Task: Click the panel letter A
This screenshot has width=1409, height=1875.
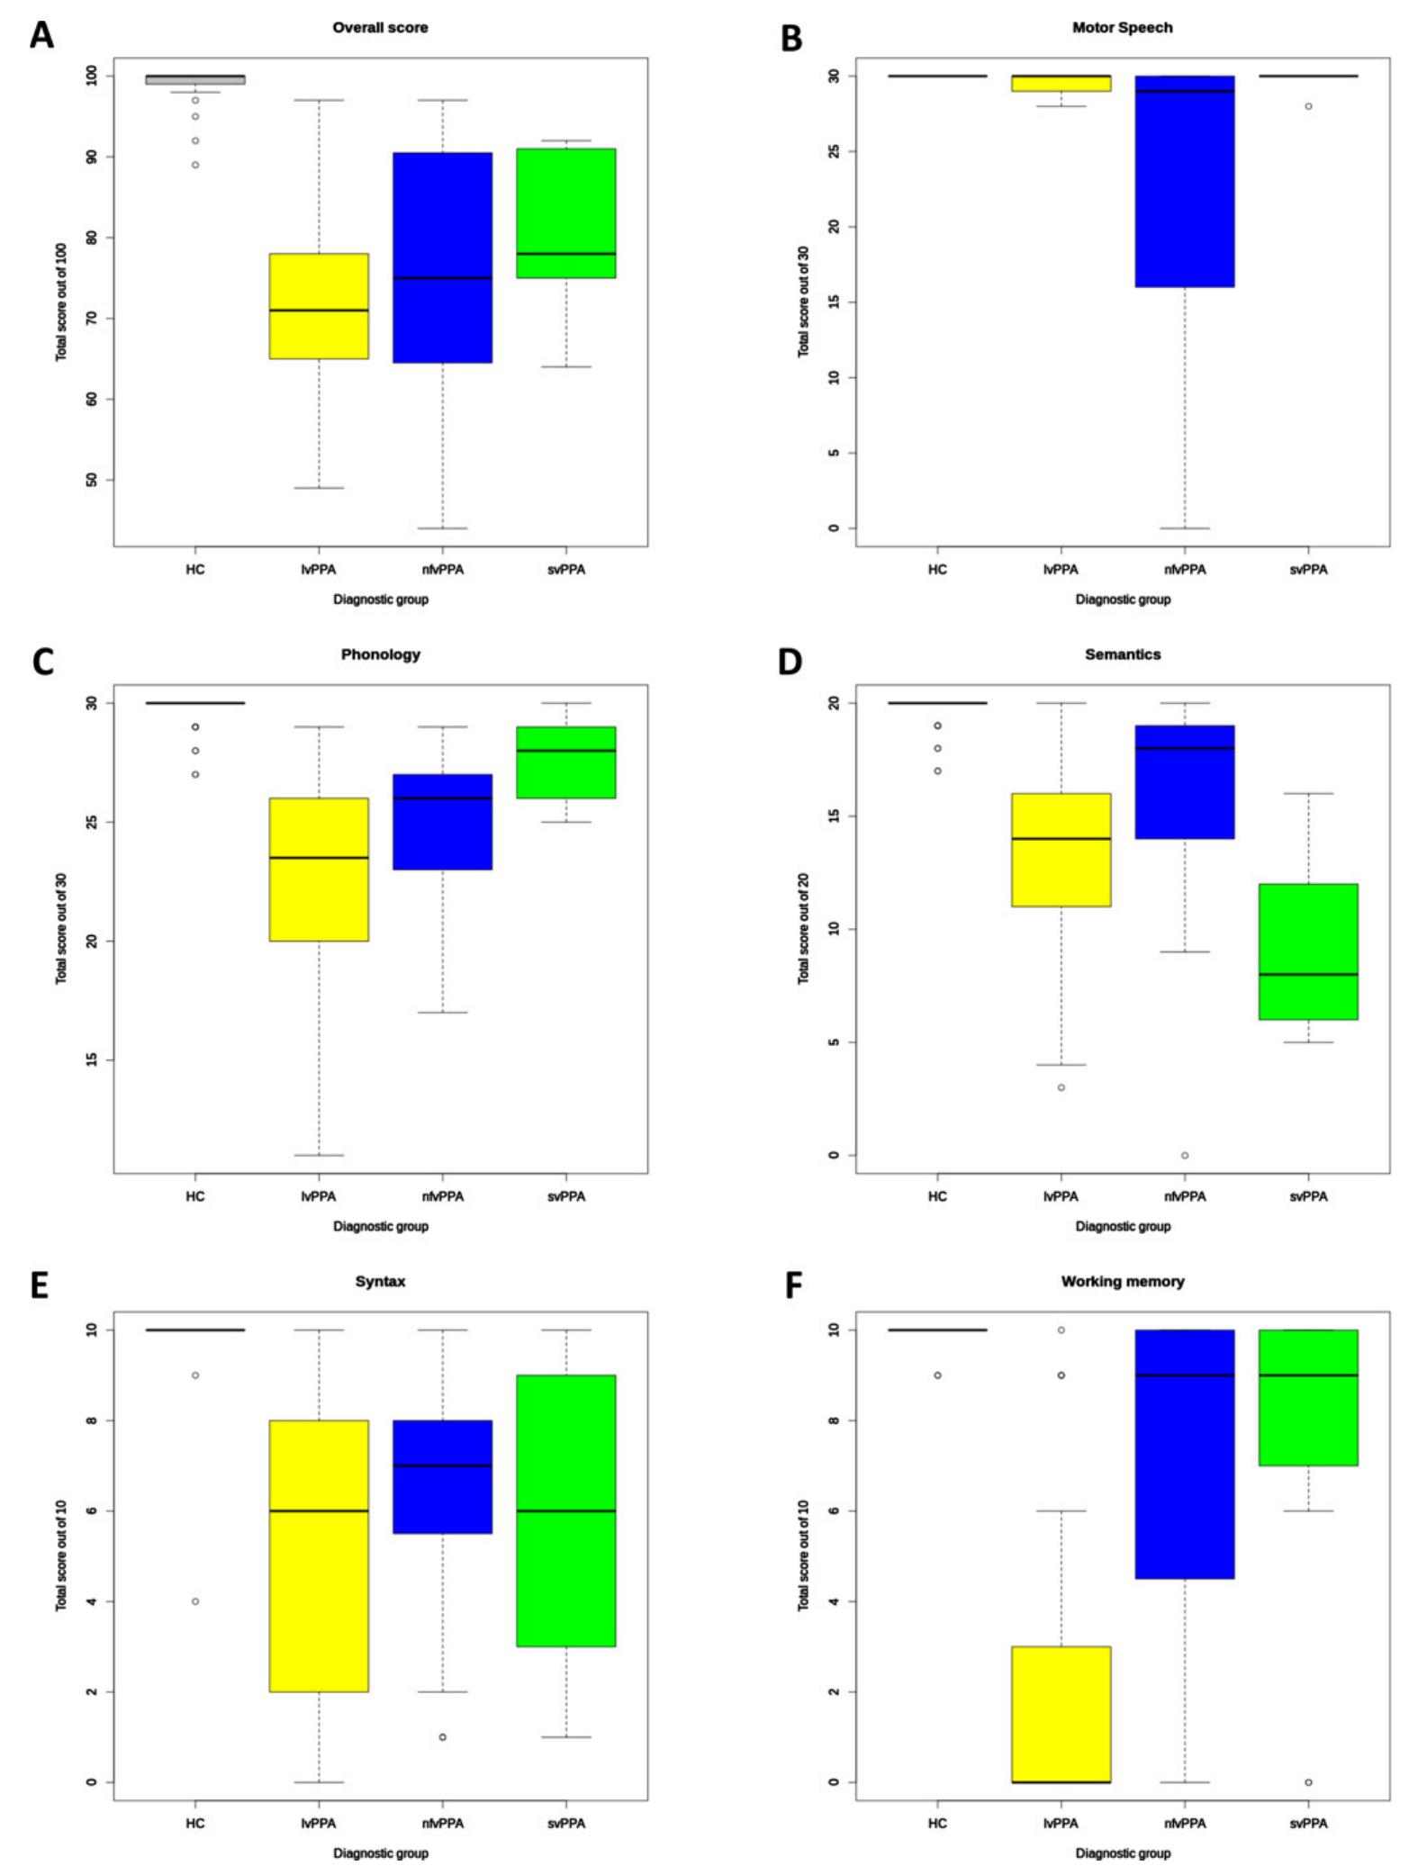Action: (x=41, y=35)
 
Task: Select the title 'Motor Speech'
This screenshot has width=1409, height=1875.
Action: (x=1121, y=28)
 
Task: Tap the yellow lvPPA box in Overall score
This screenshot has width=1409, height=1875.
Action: (x=319, y=306)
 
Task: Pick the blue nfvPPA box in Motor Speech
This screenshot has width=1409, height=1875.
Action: (x=1184, y=180)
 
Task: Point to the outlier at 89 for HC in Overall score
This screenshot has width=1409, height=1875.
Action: (x=195, y=165)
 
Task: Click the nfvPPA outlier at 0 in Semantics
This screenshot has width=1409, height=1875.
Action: (x=1184, y=1155)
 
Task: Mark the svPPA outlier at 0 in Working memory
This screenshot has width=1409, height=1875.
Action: (x=1307, y=1781)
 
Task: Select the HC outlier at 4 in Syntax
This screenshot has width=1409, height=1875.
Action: (x=195, y=1600)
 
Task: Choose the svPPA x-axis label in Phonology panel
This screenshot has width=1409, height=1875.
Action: (x=565, y=1196)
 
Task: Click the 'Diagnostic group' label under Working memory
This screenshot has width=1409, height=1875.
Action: (x=1122, y=1852)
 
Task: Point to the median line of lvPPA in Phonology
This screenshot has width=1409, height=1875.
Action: (x=319, y=858)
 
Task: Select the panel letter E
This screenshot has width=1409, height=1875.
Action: (x=39, y=1285)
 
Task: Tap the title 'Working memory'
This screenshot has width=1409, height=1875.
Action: (x=1122, y=1281)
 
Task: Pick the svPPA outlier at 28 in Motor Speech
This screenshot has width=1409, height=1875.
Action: (x=1307, y=106)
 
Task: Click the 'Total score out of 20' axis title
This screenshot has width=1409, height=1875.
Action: (x=803, y=928)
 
